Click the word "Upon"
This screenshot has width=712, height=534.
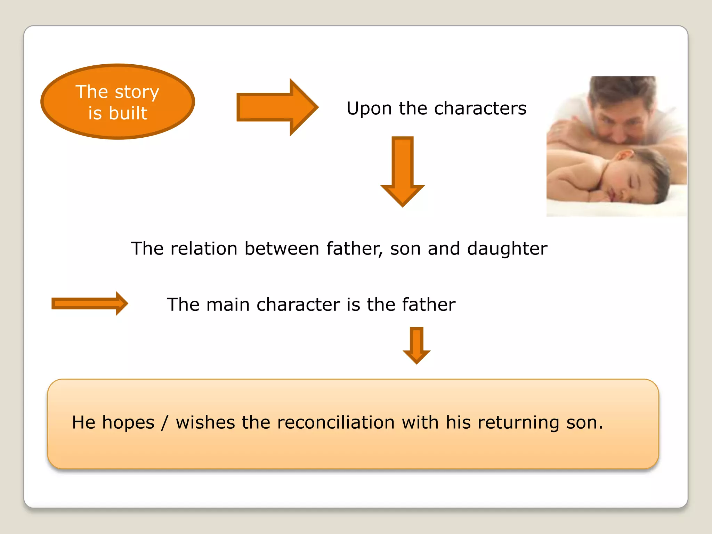[x=369, y=108]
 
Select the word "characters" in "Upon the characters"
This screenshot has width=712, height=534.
[x=480, y=108]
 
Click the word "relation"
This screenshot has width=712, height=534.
[x=204, y=249]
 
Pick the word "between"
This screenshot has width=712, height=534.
[x=282, y=249]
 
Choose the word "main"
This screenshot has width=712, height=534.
[x=228, y=305]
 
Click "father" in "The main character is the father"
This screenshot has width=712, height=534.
[x=428, y=305]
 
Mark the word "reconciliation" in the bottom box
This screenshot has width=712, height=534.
[x=336, y=423]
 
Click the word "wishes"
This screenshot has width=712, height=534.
[x=205, y=423]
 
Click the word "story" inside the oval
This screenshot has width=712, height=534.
[x=137, y=92]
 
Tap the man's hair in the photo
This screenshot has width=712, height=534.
[x=622, y=87]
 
